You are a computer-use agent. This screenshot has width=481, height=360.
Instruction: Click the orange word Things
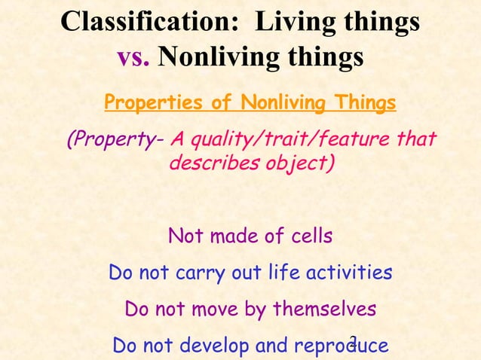coord(364,102)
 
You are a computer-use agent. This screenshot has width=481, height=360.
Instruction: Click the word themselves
coord(325,310)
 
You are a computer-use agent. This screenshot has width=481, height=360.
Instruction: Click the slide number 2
coord(354,340)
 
